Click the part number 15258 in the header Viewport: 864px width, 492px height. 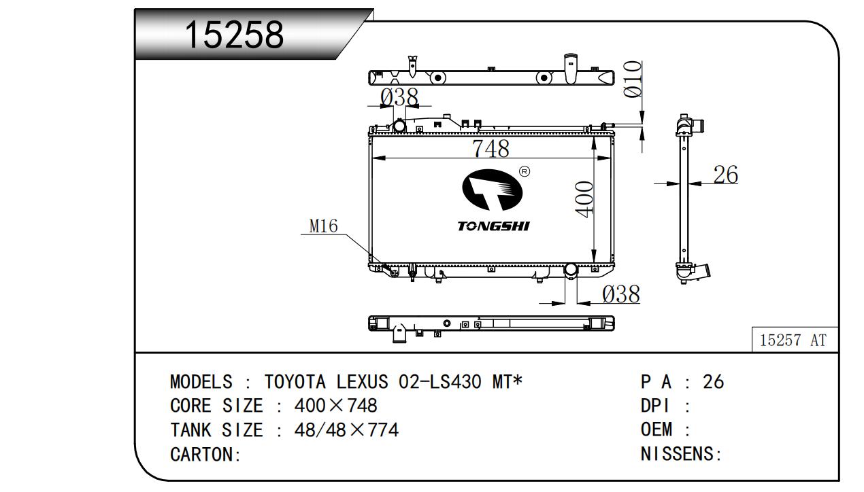point(234,35)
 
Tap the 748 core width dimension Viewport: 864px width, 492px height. point(491,148)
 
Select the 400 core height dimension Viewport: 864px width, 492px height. point(584,200)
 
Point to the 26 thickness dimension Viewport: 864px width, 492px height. point(725,175)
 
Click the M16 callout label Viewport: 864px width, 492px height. point(324,226)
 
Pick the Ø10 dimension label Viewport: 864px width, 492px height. point(633,79)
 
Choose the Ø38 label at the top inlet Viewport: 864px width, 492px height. point(399,97)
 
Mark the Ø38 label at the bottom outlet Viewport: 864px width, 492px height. point(621,294)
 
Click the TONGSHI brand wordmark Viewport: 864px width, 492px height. point(493,226)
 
